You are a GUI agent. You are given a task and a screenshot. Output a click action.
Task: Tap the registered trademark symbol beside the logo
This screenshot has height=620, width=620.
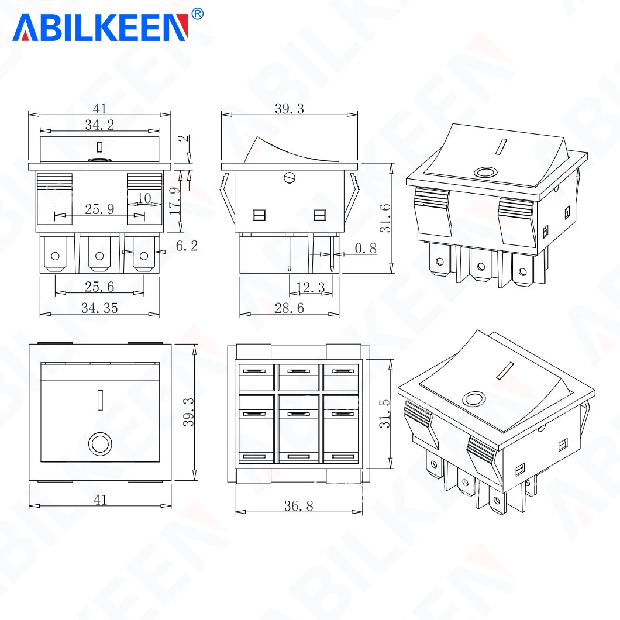coord(197,14)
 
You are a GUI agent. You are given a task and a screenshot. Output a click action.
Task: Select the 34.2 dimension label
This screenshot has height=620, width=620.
coord(99,125)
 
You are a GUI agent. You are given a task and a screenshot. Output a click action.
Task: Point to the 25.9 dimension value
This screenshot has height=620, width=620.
coord(99,209)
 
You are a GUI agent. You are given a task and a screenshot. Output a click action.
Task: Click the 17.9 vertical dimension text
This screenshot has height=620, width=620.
coord(175,201)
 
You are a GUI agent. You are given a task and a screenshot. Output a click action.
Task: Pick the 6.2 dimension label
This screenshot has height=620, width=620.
coord(187,246)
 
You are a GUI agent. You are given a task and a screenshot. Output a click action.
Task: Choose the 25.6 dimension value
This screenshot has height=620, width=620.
coord(99,287)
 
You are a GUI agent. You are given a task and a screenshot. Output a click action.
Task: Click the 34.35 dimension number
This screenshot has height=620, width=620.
coord(99,308)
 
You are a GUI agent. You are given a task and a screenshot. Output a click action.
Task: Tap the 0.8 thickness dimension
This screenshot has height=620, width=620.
coord(366,249)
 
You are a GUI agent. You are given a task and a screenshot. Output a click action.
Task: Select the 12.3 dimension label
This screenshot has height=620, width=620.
coord(311,287)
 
